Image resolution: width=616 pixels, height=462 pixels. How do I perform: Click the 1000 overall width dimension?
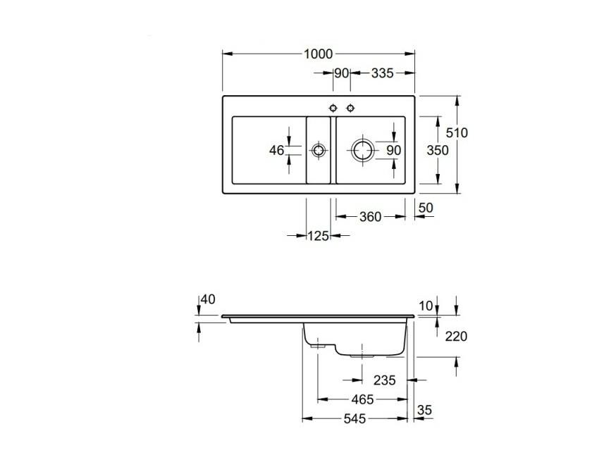[318, 54]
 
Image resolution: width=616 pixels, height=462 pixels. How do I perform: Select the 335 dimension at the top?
[382, 73]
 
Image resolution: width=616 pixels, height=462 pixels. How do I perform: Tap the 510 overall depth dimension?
[457, 132]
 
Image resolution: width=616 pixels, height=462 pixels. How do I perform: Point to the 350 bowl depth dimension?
[438, 150]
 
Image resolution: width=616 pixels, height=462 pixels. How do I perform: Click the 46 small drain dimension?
[276, 150]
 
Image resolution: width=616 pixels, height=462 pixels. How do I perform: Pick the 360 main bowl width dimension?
[370, 217]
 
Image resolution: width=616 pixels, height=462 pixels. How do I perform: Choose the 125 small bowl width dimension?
[318, 236]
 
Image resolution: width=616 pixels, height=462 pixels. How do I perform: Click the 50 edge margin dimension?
[426, 208]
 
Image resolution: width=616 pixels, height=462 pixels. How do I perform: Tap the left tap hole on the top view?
[333, 108]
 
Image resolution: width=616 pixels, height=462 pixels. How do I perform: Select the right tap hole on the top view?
[350, 108]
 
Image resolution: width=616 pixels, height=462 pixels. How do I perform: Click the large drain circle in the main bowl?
[362, 150]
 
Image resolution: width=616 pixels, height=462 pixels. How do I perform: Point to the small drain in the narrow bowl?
[318, 150]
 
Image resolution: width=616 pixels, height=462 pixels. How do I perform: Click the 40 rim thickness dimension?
[208, 299]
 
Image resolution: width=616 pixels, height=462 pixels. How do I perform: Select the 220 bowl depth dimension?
[456, 336]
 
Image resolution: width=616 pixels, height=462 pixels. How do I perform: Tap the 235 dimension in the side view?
[384, 380]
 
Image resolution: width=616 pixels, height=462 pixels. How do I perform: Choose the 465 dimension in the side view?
[362, 399]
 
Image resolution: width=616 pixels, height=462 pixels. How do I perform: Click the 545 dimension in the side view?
[355, 419]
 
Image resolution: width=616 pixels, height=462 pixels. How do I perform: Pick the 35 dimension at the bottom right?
[425, 410]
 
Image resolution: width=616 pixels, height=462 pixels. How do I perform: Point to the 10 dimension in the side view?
[426, 306]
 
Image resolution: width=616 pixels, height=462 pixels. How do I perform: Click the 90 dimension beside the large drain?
[394, 150]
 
